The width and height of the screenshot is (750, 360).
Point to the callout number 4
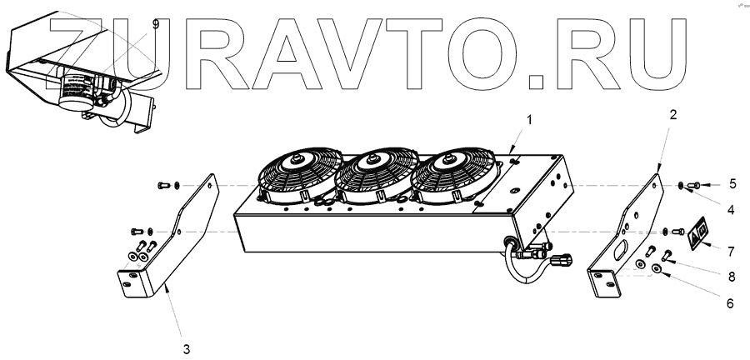[x=730, y=211]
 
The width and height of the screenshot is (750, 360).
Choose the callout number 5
[x=732, y=182]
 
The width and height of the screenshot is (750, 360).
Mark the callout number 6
[x=729, y=304]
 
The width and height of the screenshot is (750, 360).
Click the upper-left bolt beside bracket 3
[x=161, y=186]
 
